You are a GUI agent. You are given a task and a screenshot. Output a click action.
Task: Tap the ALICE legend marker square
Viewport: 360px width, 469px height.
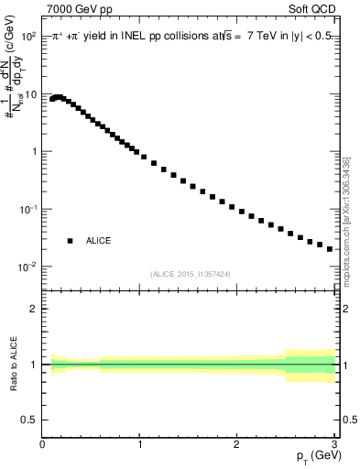coord(69,241)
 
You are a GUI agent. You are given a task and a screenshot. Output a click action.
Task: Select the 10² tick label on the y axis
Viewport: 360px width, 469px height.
coord(27,37)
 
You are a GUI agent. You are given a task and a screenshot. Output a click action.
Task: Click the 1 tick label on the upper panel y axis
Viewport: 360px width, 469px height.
coord(34,152)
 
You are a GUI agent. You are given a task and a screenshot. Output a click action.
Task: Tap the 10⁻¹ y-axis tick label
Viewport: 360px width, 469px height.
coord(27,209)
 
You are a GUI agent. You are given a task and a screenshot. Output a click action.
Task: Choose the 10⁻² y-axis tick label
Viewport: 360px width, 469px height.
coord(27,267)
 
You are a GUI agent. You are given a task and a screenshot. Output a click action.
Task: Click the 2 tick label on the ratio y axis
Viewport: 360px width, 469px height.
coord(34,309)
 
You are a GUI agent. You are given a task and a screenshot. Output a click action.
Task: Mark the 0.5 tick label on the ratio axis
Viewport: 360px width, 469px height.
coord(29,420)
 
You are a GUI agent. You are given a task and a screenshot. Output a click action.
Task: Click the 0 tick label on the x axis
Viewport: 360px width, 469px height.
coord(43,445)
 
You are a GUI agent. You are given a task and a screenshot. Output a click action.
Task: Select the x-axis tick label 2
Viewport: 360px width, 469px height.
coord(236,445)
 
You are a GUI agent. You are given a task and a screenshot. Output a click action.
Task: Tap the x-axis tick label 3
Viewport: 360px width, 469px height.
coord(333,445)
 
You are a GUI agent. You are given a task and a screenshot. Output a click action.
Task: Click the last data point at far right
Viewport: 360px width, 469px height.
coord(330,248)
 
